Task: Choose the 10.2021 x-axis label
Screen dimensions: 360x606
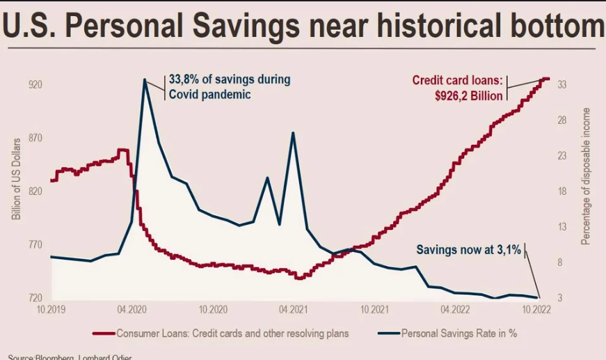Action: click(x=374, y=308)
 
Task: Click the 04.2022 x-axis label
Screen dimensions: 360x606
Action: click(x=454, y=308)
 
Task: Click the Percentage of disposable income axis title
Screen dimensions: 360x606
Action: click(x=586, y=175)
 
